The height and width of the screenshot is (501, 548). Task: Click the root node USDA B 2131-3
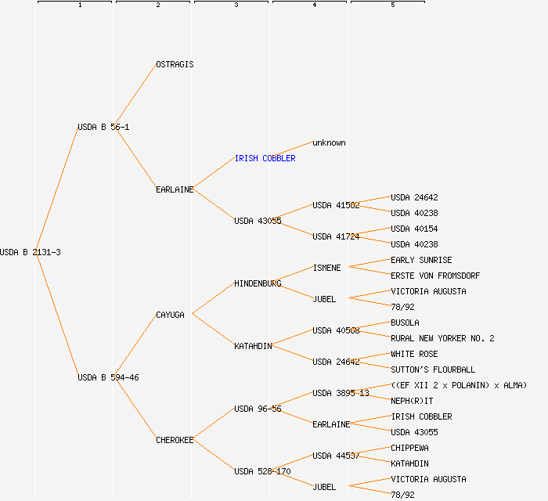click(x=31, y=252)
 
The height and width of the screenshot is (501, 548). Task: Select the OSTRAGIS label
click(x=175, y=64)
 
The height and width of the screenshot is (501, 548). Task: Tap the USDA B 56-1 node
click(x=103, y=127)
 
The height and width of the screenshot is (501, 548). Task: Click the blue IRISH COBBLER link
click(x=265, y=158)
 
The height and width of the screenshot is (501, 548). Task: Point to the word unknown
click(x=329, y=142)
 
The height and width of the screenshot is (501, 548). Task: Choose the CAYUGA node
click(x=170, y=315)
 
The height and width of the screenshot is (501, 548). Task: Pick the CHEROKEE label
click(x=175, y=440)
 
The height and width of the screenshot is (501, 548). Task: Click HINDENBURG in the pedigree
click(x=258, y=283)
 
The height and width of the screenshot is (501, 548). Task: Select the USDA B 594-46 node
click(x=108, y=377)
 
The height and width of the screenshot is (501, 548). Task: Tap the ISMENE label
click(x=326, y=268)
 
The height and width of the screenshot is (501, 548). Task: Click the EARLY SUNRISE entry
click(x=421, y=260)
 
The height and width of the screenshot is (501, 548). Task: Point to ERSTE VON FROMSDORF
click(x=435, y=276)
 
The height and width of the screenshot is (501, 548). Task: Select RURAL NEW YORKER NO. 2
click(x=442, y=338)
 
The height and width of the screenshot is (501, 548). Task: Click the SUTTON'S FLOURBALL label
click(x=433, y=369)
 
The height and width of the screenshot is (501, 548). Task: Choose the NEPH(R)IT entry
click(x=412, y=401)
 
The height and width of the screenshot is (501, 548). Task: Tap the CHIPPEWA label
click(x=409, y=448)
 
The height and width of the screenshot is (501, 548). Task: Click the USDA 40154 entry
click(x=414, y=229)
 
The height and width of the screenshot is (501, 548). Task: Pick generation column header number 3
click(x=236, y=5)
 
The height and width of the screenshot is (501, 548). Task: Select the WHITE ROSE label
click(x=414, y=354)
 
